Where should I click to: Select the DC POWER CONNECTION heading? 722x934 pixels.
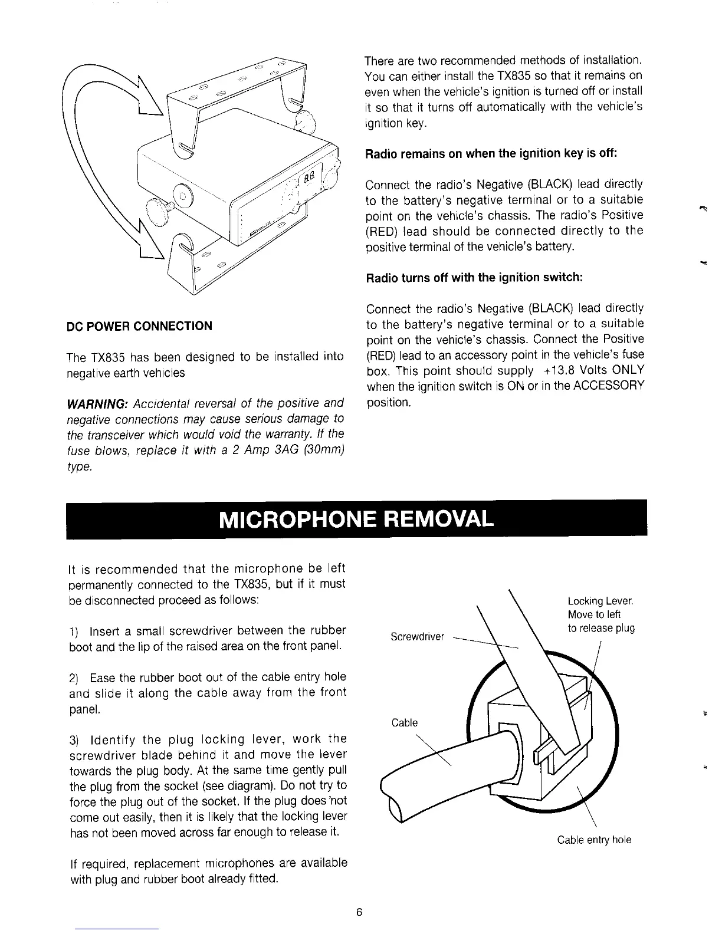(x=140, y=326)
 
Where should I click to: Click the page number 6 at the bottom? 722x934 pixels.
(x=359, y=913)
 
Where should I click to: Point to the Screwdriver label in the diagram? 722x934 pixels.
(x=417, y=637)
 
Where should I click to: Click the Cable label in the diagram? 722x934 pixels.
(x=405, y=723)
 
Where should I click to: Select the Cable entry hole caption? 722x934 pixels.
(x=594, y=840)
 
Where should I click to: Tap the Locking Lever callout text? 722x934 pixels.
(x=600, y=601)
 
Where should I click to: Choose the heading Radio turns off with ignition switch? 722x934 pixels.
(x=474, y=278)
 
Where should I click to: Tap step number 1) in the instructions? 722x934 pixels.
(x=74, y=631)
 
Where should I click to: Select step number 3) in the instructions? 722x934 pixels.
(x=74, y=739)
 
